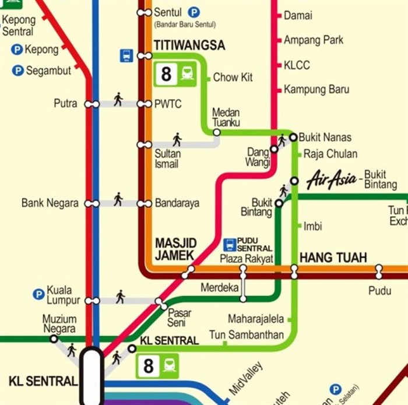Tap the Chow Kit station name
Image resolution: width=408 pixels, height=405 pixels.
(x=233, y=78)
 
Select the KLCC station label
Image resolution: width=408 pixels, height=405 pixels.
(x=297, y=65)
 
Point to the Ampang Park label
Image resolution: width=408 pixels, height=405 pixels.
(x=314, y=40)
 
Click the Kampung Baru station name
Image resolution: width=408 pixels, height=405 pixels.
(x=316, y=89)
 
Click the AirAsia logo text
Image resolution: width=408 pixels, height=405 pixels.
(x=331, y=179)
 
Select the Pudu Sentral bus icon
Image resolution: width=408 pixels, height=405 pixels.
(x=230, y=244)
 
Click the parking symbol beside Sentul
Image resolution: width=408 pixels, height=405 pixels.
(x=194, y=12)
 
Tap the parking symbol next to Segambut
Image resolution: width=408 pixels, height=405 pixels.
(x=18, y=71)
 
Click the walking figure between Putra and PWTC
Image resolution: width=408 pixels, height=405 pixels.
(x=118, y=99)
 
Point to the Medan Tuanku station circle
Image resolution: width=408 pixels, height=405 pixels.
(x=216, y=132)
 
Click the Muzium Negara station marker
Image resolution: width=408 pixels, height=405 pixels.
(x=54, y=339)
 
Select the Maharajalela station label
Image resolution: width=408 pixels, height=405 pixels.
(x=256, y=319)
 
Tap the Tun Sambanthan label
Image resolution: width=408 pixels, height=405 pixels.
(x=247, y=334)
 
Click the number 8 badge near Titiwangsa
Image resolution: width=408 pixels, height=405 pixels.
(x=167, y=74)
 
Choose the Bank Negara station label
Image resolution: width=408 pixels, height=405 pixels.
(x=50, y=203)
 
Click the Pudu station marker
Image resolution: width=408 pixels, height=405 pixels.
(x=379, y=272)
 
